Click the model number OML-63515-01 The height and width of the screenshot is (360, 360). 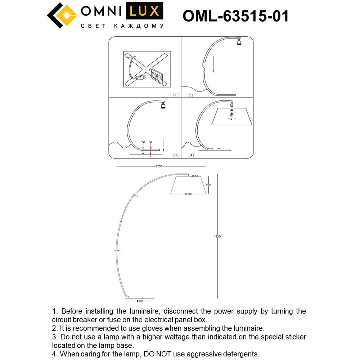click(x=236, y=15)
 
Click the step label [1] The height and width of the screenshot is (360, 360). click(x=175, y=95)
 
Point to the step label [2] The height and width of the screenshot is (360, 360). click(x=190, y=95)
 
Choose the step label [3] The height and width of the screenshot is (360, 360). click(x=175, y=155)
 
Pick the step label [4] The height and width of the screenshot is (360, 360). click(x=190, y=155)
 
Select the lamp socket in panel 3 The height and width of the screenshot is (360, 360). click(x=163, y=105)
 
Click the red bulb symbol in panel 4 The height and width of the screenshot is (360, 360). click(x=231, y=115)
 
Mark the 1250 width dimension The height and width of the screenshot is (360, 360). click(x=159, y=166)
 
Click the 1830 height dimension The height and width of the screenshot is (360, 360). click(x=217, y=237)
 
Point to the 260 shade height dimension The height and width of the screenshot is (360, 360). click(x=208, y=185)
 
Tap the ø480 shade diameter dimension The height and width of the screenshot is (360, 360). click(x=188, y=194)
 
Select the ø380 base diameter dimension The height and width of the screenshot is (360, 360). click(x=140, y=300)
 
